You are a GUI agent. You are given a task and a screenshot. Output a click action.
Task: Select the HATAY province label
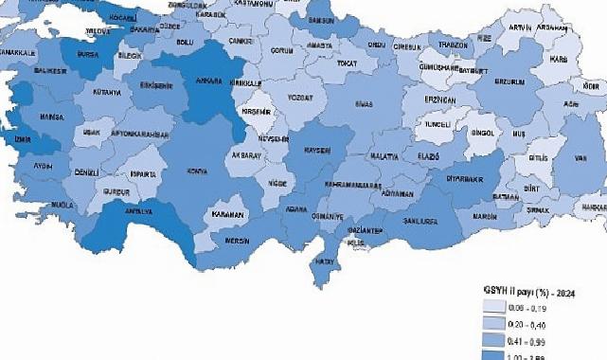pyautogui.click(x=324, y=261)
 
